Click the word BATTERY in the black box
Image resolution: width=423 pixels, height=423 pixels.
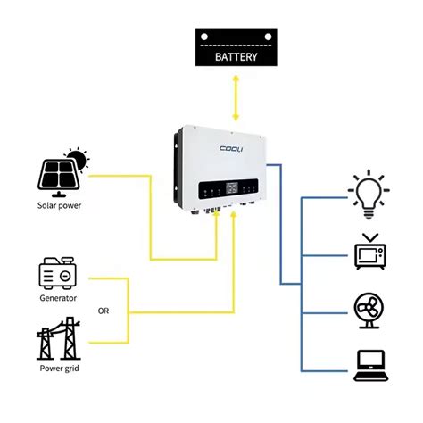pos(236,57)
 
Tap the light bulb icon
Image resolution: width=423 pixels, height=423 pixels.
pos(369,193)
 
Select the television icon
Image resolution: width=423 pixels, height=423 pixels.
pos(369,253)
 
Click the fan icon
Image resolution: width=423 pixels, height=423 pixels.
pos(369,310)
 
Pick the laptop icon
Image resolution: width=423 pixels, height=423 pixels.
pos(369,366)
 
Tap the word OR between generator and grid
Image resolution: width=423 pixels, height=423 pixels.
pos(104,311)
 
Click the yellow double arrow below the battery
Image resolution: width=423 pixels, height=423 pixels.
pos(236,97)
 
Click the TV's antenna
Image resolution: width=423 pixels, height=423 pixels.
pos(369,236)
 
